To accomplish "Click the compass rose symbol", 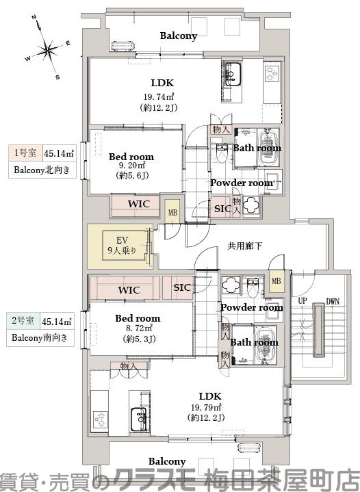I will pyautogui.click(x=47, y=49).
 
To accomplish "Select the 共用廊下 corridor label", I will pyautogui.click(x=245, y=246).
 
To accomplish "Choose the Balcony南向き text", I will pyautogui.click(x=41, y=338).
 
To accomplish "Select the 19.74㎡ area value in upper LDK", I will pyautogui.click(x=159, y=96).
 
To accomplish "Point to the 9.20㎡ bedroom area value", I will pyautogui.click(x=132, y=166).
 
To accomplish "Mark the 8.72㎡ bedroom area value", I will pyautogui.click(x=138, y=328).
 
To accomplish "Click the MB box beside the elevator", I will pyautogui.click(x=172, y=212).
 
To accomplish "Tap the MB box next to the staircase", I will pyautogui.click(x=276, y=281).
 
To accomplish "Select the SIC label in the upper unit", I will pyautogui.click(x=222, y=209).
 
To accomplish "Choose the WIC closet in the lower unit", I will pyautogui.click(x=129, y=290).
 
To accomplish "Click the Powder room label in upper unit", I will pyautogui.click(x=242, y=183).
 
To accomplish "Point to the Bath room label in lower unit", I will pyautogui.click(x=254, y=342).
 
